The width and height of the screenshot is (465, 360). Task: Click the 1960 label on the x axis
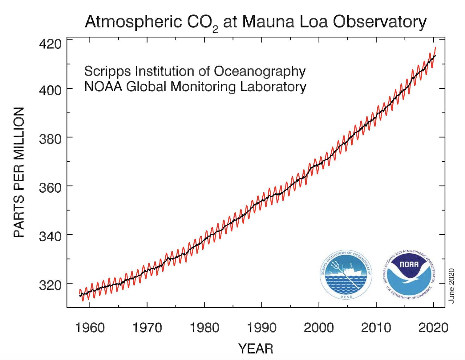click(x=90, y=328)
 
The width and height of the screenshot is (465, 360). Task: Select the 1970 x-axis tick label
click(x=147, y=328)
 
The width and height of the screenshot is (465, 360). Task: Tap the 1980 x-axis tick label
click(x=204, y=328)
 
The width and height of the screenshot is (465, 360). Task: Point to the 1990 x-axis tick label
click(x=261, y=328)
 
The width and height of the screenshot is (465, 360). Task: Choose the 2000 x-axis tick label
click(x=319, y=328)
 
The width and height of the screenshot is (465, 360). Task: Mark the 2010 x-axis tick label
click(x=376, y=328)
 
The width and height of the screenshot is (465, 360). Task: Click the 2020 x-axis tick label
click(x=433, y=328)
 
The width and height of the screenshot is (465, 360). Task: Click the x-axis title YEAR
click(x=256, y=349)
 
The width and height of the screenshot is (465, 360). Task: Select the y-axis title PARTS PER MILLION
click(x=19, y=172)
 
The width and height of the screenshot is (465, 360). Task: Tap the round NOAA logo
click(x=409, y=275)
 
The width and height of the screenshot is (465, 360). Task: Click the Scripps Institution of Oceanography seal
click(x=346, y=275)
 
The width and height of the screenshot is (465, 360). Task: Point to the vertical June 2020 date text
click(x=452, y=285)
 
